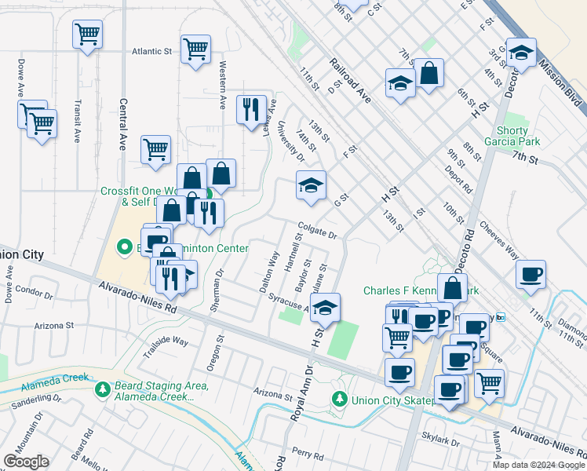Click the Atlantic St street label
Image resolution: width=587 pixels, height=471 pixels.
click(x=151, y=51)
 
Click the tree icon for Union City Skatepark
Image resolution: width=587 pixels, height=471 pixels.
click(x=339, y=399)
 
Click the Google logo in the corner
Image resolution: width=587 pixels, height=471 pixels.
click(x=26, y=462)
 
